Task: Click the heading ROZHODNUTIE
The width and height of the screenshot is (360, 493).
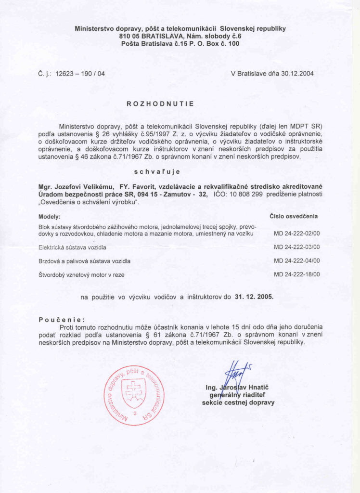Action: click(160, 104)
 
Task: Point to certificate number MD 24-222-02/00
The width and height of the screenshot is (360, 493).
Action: click(296, 233)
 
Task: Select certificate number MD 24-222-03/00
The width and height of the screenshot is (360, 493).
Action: click(296, 247)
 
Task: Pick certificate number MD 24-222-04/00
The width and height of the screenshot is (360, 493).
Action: click(296, 260)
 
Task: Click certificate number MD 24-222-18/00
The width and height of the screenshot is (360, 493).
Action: click(296, 274)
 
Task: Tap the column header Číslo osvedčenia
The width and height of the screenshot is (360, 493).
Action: click(294, 216)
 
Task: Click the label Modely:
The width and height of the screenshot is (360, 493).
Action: click(49, 217)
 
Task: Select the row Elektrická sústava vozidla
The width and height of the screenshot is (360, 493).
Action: click(72, 247)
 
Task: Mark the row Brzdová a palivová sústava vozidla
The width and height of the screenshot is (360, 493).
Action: click(84, 260)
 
